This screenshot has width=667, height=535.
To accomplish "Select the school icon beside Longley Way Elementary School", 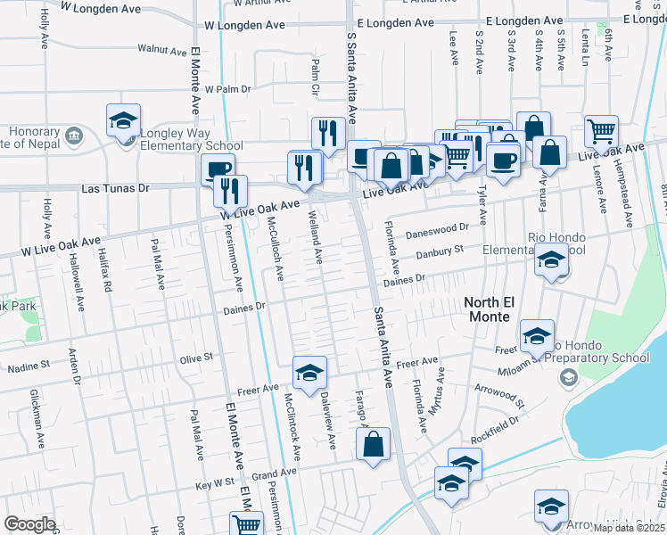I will [124, 122].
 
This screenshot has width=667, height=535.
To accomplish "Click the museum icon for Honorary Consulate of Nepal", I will [74, 136].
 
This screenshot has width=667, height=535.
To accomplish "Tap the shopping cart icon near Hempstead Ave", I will [602, 132].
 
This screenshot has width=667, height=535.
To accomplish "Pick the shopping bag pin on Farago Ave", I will [374, 443].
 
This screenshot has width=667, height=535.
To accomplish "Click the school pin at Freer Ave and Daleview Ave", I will [309, 374].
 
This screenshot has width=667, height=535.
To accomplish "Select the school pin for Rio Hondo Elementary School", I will [551, 261].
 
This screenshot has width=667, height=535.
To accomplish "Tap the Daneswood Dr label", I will [437, 229].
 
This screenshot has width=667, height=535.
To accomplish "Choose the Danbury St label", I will [441, 252].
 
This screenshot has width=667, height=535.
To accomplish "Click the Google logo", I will [29, 524].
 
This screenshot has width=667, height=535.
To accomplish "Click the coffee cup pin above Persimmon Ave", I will [217, 169].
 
